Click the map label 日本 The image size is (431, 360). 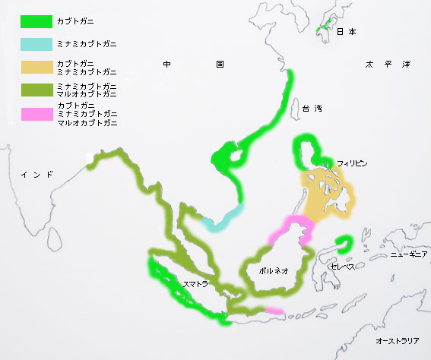[346, 32]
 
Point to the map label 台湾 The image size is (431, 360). [311, 109]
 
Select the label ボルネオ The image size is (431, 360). [274, 270]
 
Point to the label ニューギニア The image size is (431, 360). [409, 255]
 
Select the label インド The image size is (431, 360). [37, 175]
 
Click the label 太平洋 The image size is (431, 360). [387, 65]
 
